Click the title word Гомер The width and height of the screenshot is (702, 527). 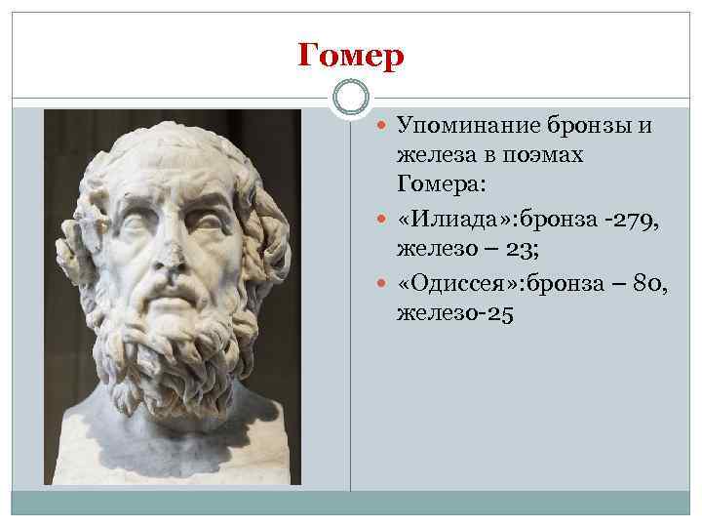(x=351, y=57)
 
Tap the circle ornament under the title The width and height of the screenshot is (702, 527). (x=351, y=99)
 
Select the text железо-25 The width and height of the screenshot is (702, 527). (x=454, y=315)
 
